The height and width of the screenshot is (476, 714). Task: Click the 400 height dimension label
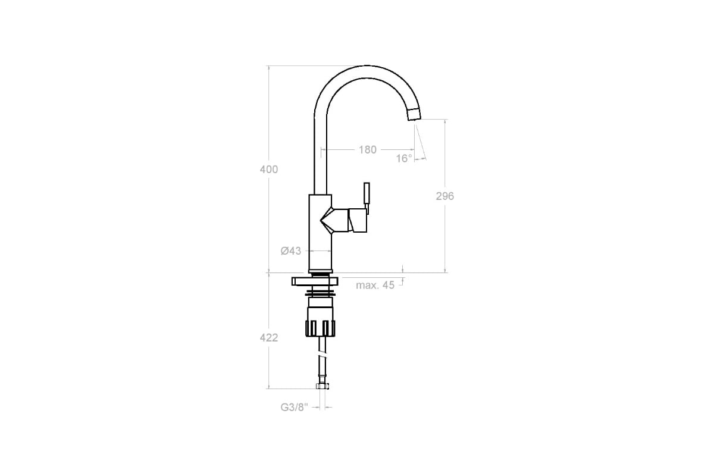coord(269,170)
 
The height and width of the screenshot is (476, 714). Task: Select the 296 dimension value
coord(444,196)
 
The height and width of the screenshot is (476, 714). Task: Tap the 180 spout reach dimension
coord(368,149)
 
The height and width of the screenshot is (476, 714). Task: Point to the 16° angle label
coord(404,158)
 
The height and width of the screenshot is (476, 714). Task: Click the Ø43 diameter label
coord(291,251)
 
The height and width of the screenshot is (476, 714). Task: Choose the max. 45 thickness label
coord(375,285)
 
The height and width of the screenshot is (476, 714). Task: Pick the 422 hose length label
coord(269,337)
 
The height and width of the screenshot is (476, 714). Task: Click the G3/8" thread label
coord(295,407)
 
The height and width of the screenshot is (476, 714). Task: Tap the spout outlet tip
coord(414,114)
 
